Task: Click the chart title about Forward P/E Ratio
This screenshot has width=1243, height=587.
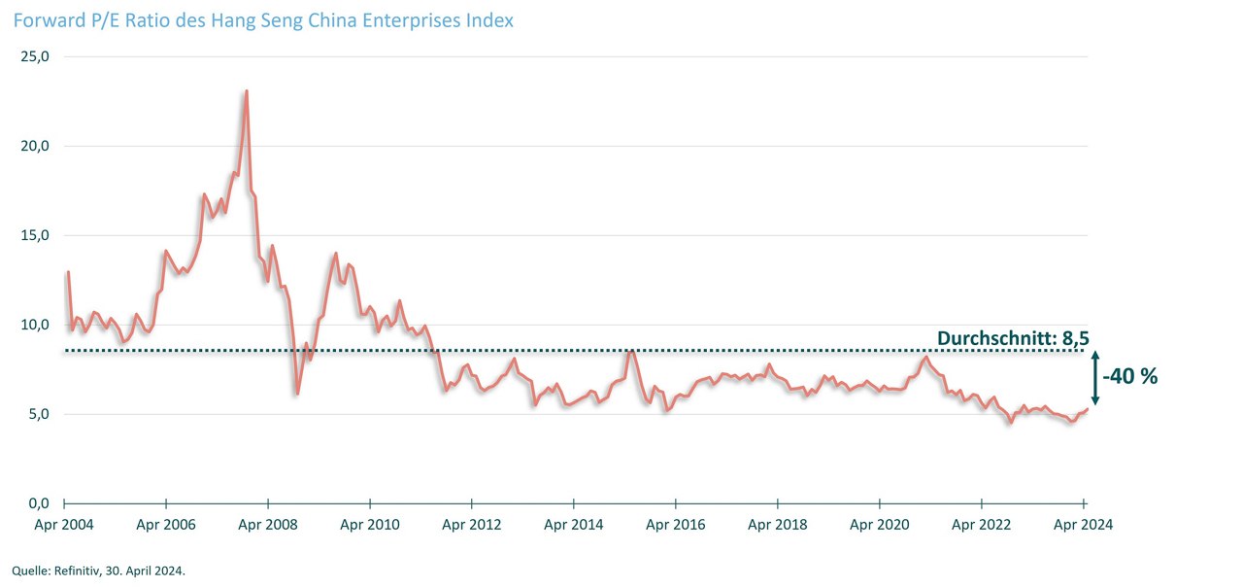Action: point(263,19)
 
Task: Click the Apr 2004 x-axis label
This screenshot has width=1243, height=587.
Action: point(63,525)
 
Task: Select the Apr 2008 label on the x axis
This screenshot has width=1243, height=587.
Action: point(267,525)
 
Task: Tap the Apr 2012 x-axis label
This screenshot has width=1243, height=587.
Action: point(471,525)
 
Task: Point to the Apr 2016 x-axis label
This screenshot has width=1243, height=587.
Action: point(675,525)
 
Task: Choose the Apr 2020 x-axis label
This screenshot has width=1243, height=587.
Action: point(879,525)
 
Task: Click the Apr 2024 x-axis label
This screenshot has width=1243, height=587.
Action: point(1083,525)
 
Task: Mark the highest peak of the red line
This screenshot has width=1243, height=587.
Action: point(247,91)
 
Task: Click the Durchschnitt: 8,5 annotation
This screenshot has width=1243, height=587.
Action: point(1012,338)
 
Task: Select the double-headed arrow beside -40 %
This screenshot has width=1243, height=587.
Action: point(1095,377)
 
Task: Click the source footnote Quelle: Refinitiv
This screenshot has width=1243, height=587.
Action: point(98,570)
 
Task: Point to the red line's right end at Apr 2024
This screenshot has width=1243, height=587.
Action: point(1087,408)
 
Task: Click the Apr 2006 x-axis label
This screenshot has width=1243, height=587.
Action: point(165,525)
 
